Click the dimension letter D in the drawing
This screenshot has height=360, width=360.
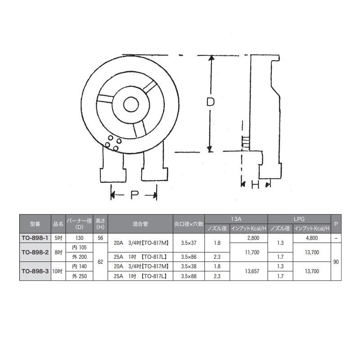[x=210, y=102]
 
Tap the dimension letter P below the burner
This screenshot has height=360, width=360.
[x=135, y=195]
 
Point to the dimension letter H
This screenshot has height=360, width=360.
[x=255, y=184]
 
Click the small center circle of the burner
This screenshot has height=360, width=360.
[x=131, y=105]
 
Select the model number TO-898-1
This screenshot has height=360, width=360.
[x=35, y=238]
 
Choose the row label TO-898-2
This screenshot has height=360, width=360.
[x=35, y=252]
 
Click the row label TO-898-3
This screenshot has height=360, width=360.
[x=35, y=271]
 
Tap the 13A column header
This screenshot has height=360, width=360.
[x=236, y=219]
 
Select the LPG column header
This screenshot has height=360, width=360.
[x=299, y=219]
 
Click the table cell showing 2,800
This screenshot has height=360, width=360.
[x=253, y=238]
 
